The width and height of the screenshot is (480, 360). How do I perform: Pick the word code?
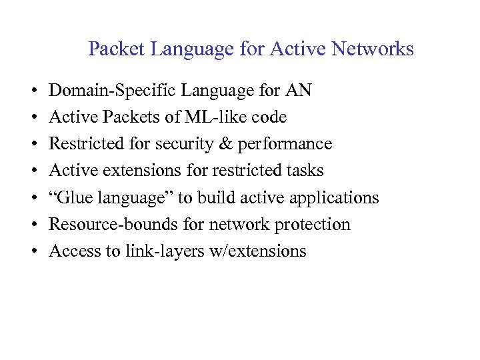271,117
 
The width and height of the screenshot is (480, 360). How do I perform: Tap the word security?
195,144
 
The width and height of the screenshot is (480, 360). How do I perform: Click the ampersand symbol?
235,144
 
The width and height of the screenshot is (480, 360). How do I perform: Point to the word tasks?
303,171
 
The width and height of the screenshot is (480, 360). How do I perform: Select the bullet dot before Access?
33,251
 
